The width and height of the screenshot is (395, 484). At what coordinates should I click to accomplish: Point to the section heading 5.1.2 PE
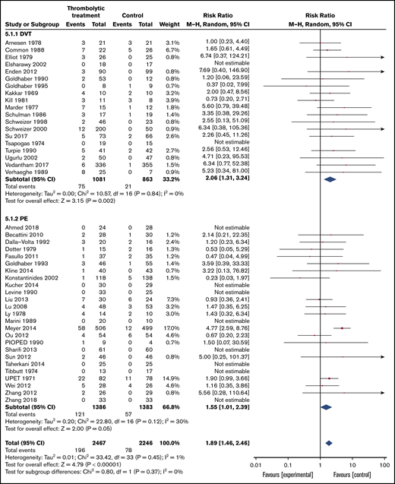21,229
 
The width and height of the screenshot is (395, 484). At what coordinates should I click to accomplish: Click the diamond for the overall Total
330,441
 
